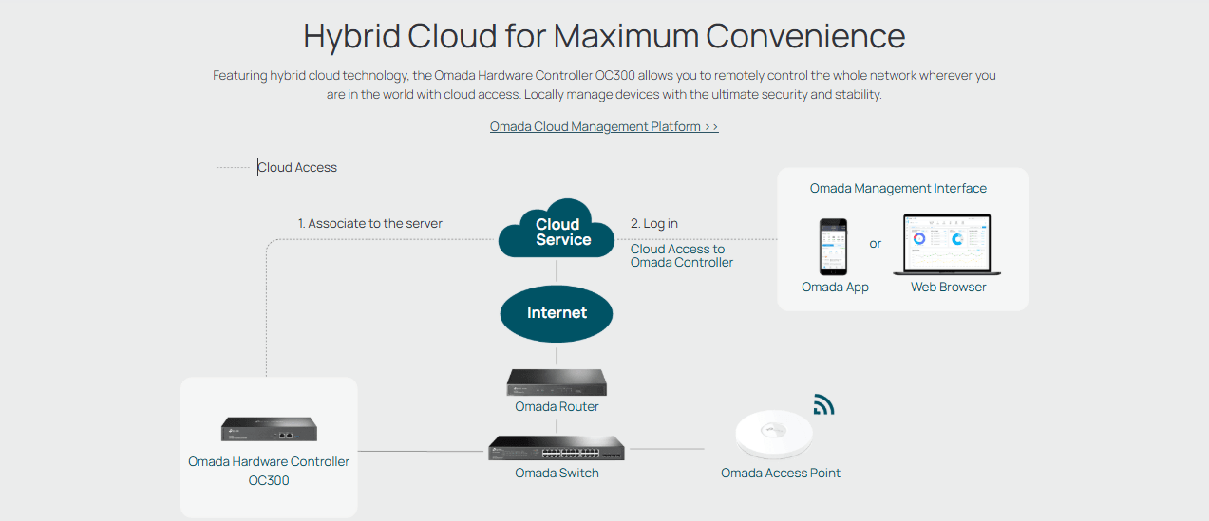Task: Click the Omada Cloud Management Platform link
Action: (x=604, y=126)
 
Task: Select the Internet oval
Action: (x=557, y=313)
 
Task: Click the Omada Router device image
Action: (x=557, y=382)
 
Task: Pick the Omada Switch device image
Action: (x=557, y=448)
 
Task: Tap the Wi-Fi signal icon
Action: (x=823, y=405)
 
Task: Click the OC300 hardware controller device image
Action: (x=269, y=429)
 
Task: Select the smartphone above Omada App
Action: (x=834, y=246)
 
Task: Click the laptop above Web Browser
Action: (x=947, y=245)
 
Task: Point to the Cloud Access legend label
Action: (x=298, y=167)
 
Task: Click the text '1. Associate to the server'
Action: (x=370, y=224)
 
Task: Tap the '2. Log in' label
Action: (x=654, y=224)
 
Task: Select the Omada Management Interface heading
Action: (x=897, y=188)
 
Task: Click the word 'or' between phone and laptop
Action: (x=875, y=244)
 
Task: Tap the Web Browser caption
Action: (x=948, y=287)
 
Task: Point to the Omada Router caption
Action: (x=557, y=406)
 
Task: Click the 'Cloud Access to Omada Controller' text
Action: (x=681, y=255)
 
